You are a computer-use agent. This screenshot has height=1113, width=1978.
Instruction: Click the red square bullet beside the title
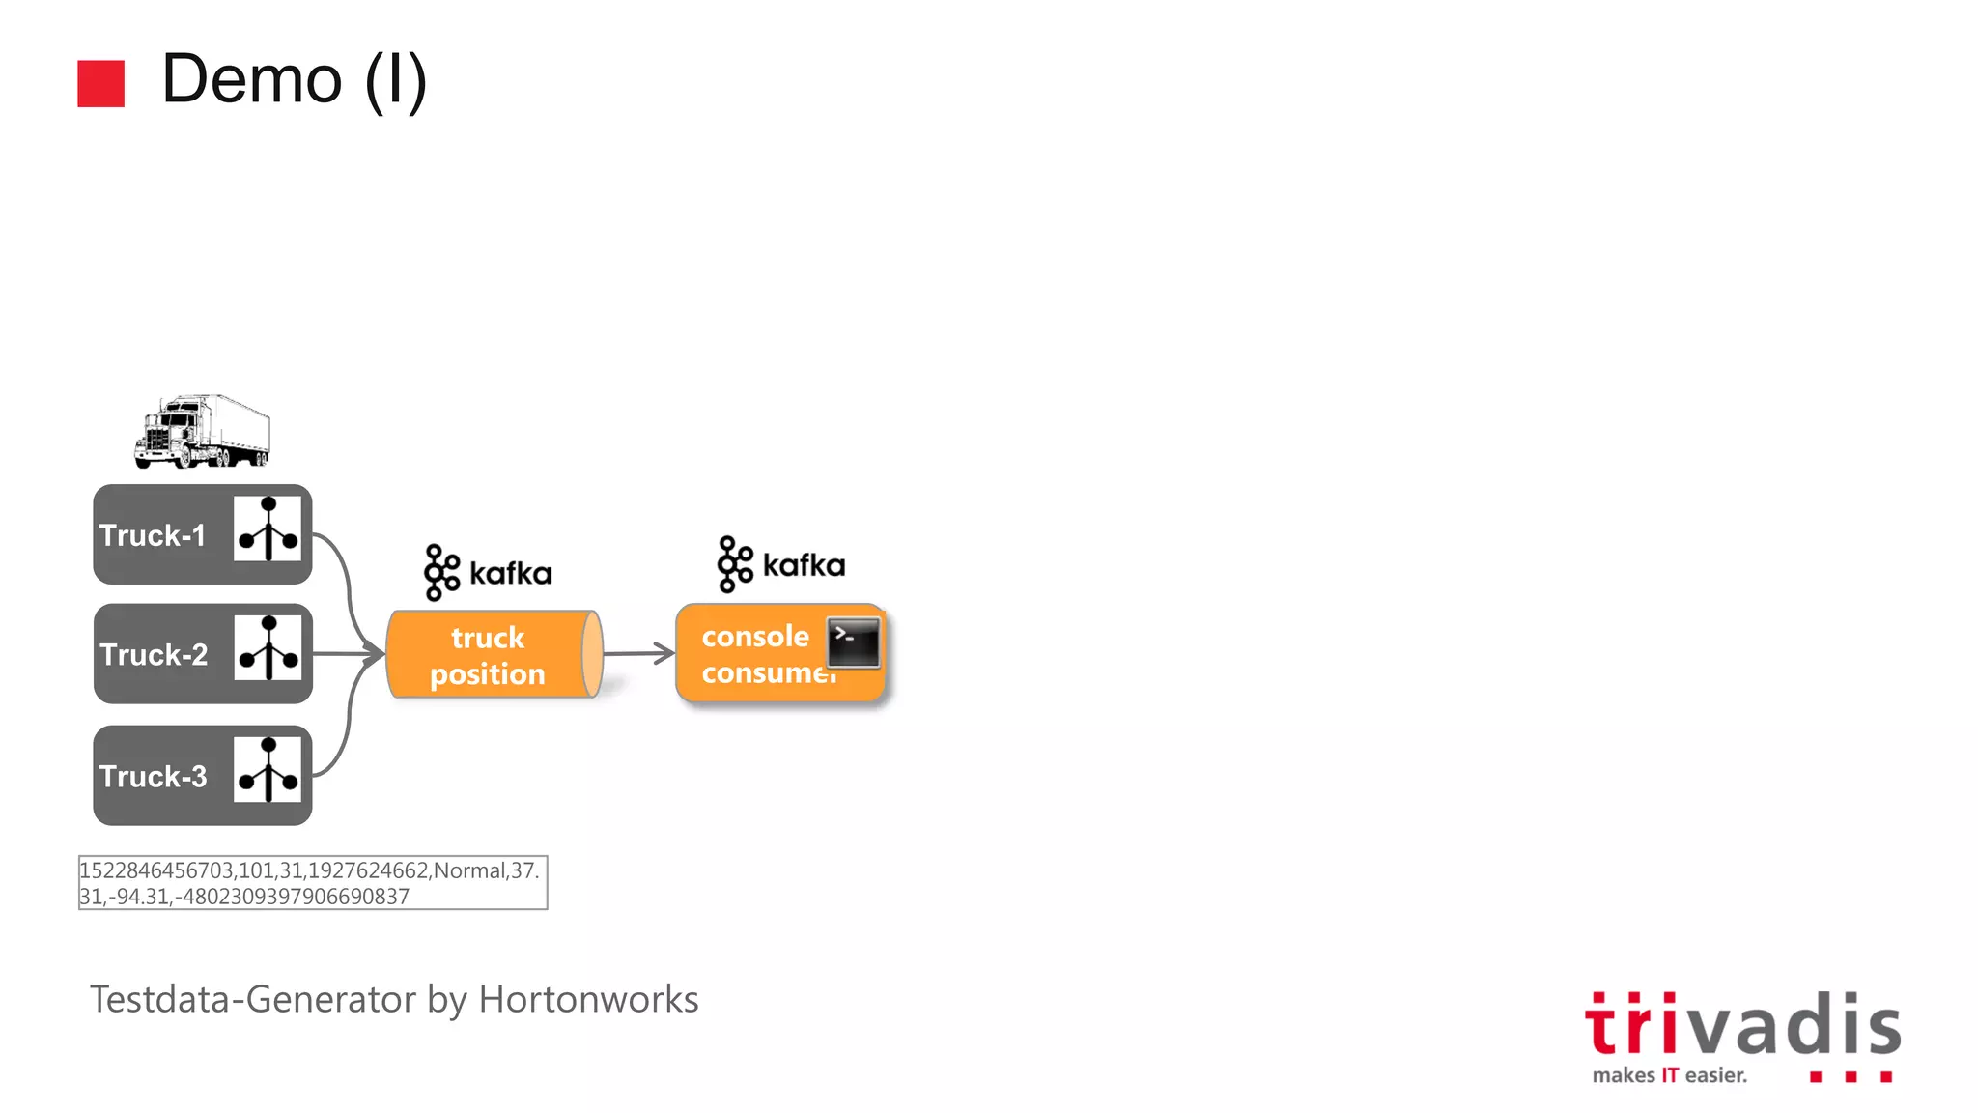100,83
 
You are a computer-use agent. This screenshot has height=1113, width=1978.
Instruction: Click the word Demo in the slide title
252,79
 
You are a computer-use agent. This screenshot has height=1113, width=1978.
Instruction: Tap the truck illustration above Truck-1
202,431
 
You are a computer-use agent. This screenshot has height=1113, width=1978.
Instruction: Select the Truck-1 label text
153,535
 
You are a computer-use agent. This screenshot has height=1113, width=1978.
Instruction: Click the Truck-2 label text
154,655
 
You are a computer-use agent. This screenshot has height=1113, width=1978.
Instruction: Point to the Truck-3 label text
153,777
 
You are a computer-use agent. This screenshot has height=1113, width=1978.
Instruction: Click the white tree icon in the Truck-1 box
268,528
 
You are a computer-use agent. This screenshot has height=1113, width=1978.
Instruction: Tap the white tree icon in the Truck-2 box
268,648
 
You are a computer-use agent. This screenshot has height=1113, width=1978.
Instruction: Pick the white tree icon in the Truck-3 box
268,770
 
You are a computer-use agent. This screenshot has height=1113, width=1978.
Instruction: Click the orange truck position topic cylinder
493,654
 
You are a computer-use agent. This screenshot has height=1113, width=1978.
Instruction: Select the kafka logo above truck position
488,572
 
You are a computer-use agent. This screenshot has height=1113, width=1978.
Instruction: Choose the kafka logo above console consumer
781,564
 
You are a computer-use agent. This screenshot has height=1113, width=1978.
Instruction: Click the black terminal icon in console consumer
854,642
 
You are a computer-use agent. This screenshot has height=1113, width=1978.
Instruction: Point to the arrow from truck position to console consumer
638,653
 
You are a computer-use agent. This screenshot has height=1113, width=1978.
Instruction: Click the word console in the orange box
755,637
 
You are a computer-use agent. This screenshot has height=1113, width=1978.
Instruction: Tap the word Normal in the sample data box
469,870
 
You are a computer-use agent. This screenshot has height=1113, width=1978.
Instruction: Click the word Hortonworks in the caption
588,999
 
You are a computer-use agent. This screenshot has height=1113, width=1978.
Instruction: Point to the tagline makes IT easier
1669,1075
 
